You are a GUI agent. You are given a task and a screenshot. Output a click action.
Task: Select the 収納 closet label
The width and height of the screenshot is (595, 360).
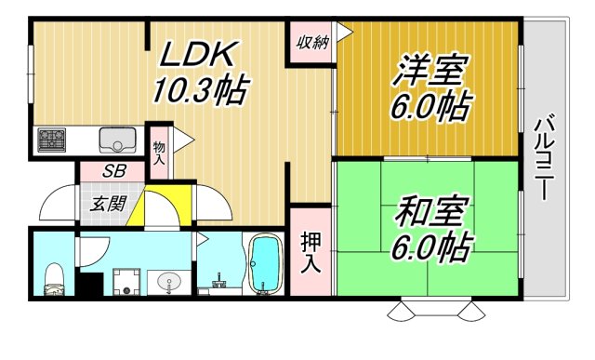coord(312,42)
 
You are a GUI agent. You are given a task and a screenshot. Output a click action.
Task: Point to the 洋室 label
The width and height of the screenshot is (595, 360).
coord(433,70)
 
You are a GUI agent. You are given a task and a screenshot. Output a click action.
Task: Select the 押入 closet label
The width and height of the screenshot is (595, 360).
coord(311,250)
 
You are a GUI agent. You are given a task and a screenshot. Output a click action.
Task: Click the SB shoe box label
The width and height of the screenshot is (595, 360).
coord(114,171)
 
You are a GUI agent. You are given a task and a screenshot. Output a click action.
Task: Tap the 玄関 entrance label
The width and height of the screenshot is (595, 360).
coord(102,205)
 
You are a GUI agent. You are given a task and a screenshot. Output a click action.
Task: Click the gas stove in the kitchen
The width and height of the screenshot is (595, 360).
coord(51,140)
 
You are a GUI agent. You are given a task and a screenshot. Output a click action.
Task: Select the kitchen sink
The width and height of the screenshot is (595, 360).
coord(119,141)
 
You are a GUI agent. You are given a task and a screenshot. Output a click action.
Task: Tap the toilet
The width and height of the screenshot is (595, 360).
coord(53,276)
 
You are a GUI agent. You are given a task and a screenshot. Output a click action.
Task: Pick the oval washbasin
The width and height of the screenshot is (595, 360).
coord(169,281)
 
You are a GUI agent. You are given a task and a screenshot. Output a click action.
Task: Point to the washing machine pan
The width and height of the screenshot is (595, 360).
coord(126,281)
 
